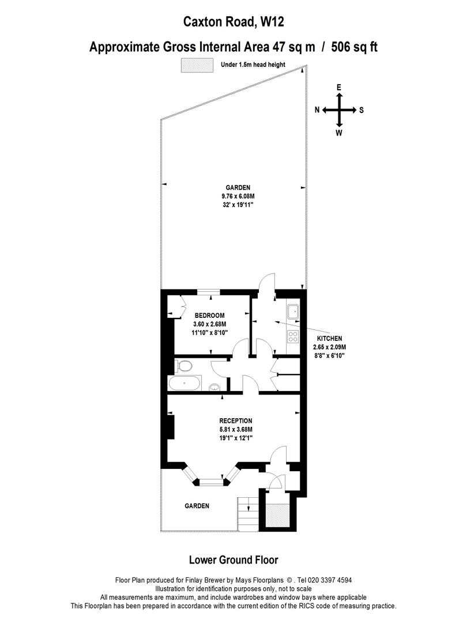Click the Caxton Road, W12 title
click(x=233, y=22)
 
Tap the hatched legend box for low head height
click(x=197, y=65)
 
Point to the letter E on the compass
click(x=339, y=88)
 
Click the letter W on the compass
click(x=339, y=133)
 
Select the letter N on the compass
click(x=317, y=110)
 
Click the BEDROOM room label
click(x=209, y=316)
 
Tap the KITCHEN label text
click(x=329, y=339)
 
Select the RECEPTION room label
click(x=236, y=421)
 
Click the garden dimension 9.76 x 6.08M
click(x=238, y=196)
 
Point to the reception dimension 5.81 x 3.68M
click(x=236, y=430)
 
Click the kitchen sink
click(x=293, y=311)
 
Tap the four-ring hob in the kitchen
click(x=293, y=337)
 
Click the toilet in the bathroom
click(x=182, y=366)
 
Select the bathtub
click(x=184, y=384)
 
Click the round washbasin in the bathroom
click(x=214, y=387)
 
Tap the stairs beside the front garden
click(x=248, y=513)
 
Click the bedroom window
click(x=209, y=293)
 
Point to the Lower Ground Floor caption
click(x=233, y=560)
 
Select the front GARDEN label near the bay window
click(x=197, y=506)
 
